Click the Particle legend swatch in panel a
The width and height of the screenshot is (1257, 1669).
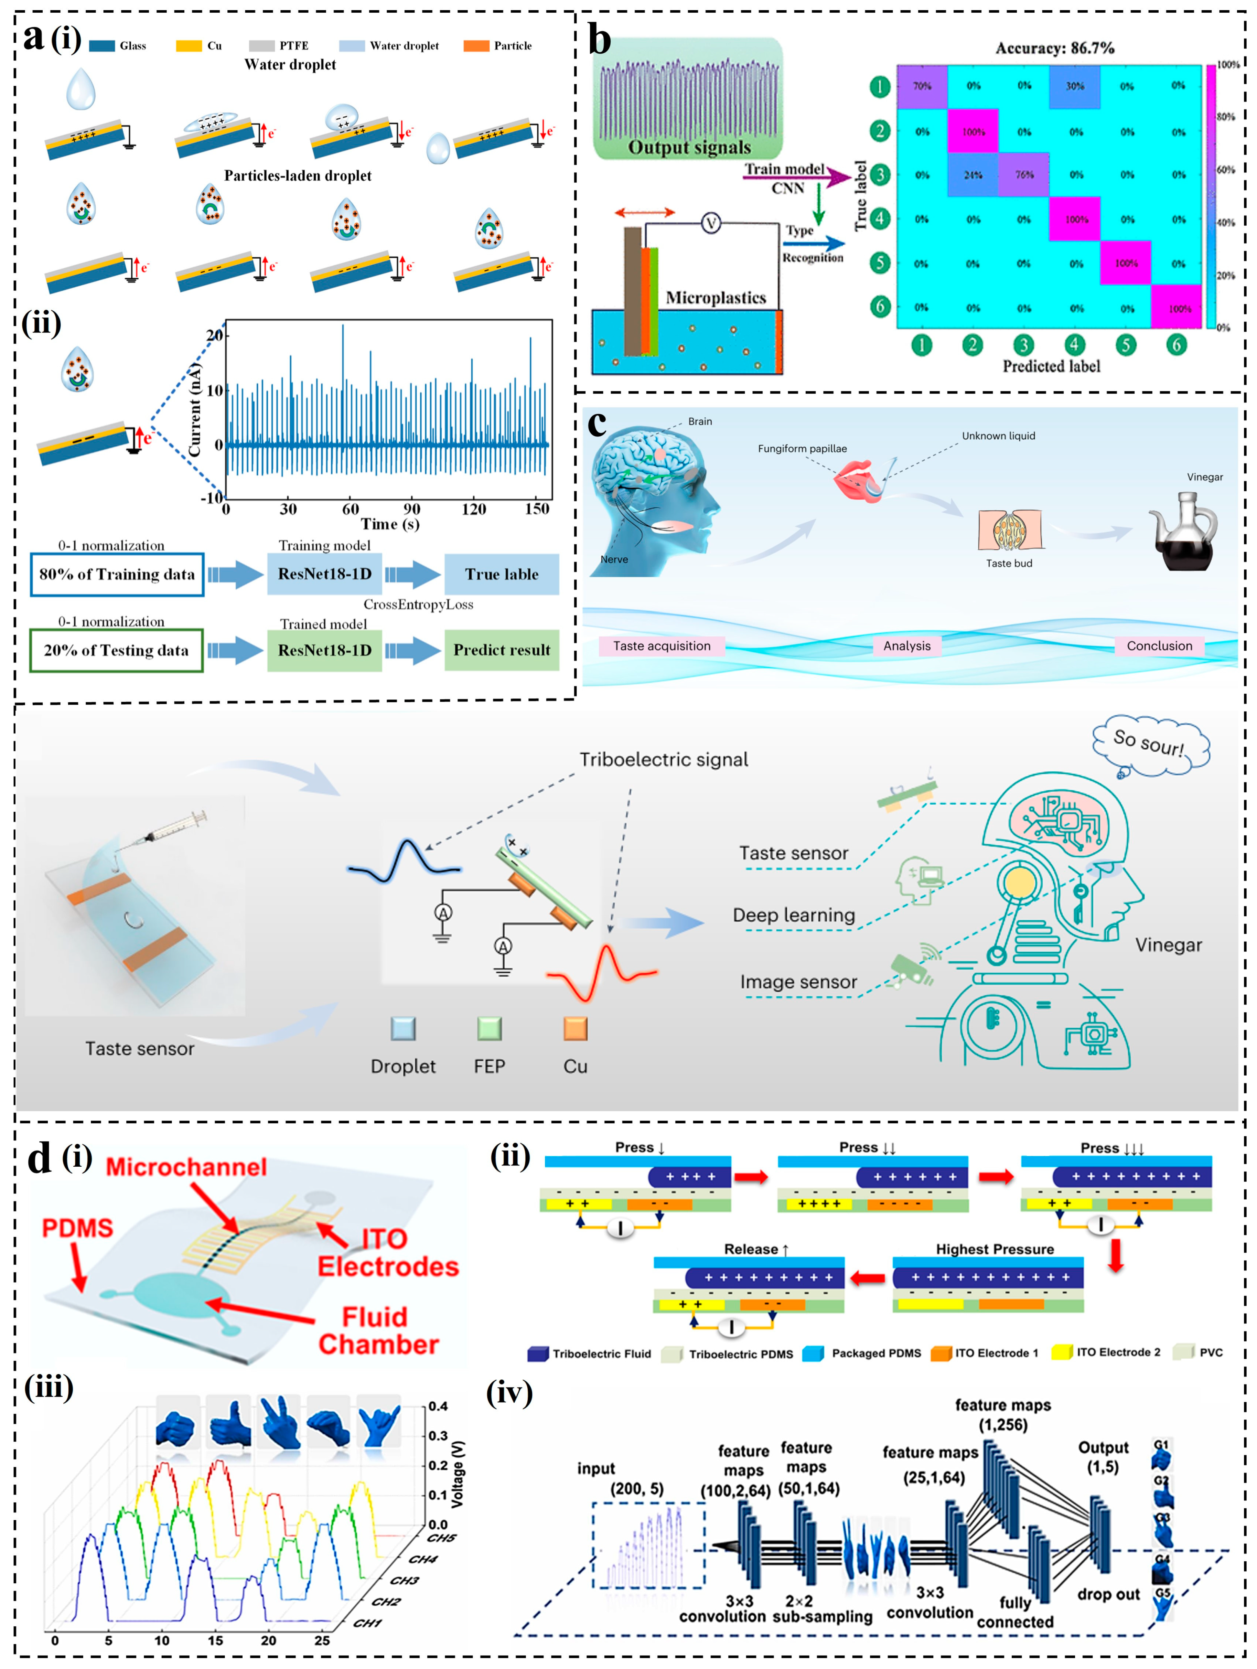[x=476, y=46]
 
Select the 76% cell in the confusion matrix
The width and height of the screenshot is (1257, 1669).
[x=1024, y=175]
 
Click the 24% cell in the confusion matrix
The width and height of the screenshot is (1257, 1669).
[x=973, y=175]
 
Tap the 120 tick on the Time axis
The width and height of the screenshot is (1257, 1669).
[x=474, y=509]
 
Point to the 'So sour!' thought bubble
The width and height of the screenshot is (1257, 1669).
[x=1149, y=743]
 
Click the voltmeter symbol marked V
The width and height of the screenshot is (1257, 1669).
[x=711, y=223]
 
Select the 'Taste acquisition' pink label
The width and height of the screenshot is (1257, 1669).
[x=662, y=646]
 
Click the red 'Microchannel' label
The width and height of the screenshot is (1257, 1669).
[x=186, y=1167]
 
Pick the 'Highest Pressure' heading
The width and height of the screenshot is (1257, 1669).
[x=995, y=1250]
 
